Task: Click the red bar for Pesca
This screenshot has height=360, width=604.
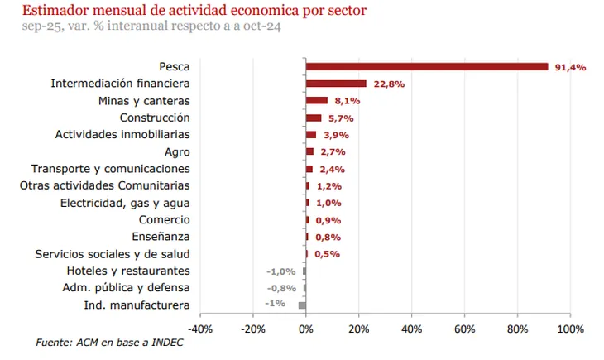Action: [x=426, y=67]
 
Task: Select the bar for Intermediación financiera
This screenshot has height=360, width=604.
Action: [x=336, y=84]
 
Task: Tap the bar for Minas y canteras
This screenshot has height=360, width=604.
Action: [x=316, y=101]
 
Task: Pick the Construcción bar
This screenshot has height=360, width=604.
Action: [x=313, y=118]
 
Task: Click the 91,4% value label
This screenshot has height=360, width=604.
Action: [x=569, y=67]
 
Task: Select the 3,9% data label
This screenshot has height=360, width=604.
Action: [x=333, y=135]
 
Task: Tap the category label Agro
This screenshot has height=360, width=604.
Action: [x=177, y=152]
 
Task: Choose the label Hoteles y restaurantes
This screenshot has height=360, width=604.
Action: [x=127, y=271]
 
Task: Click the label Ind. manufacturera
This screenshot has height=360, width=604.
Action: [x=137, y=305]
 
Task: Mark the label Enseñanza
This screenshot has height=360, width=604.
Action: [x=163, y=237]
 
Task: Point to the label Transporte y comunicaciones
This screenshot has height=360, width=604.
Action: [x=110, y=169]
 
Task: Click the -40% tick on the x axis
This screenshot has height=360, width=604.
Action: [x=200, y=329]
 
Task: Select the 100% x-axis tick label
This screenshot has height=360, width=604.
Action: [x=570, y=329]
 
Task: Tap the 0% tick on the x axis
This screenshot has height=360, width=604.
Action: [x=306, y=329]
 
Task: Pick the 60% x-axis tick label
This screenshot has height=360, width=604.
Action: [x=464, y=329]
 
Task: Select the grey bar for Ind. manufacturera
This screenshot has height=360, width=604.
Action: [x=302, y=305]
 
